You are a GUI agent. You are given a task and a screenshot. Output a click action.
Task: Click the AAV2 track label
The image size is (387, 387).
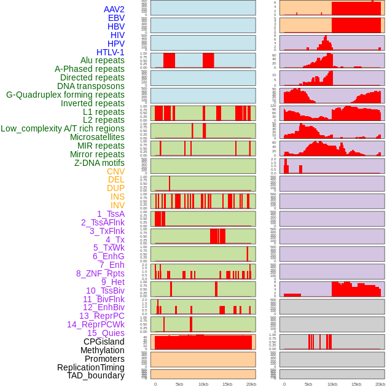pos(114,9)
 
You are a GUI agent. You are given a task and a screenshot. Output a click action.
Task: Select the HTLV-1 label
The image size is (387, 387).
pos(110,52)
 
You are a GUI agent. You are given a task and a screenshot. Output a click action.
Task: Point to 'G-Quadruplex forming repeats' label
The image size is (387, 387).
pos(65,95)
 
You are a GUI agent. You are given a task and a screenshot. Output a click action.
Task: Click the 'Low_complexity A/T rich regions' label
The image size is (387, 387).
pos(63,128)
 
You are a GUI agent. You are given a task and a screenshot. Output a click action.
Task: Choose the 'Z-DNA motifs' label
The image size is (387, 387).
pos(99,163)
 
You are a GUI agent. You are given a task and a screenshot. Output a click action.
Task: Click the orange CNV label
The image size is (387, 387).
pos(115,171)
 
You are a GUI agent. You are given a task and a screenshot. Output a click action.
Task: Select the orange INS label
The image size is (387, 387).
pos(117,197)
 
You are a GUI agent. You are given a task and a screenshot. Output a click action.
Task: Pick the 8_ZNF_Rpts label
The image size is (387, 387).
pos(100,273)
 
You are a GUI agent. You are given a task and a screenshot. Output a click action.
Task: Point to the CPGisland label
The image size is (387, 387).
pos(104,342)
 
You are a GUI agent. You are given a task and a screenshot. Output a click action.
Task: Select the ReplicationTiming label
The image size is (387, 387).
pos(90,367)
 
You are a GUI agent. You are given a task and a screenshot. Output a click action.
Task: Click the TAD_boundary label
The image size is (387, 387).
pos(95,375)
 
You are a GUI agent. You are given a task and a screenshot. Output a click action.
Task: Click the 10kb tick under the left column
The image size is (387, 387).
pos(203,384)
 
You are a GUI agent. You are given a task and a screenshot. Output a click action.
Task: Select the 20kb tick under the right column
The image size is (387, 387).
pos(380,384)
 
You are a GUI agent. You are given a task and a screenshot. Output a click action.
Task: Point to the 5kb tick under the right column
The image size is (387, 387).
pos(308,384)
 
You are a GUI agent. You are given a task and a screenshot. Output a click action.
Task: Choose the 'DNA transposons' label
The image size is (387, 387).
pos(90,86)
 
